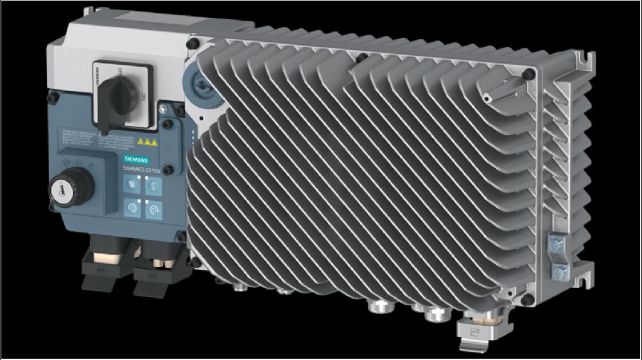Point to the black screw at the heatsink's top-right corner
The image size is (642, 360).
(528, 74)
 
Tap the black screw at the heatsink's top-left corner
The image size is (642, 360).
(193, 44)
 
